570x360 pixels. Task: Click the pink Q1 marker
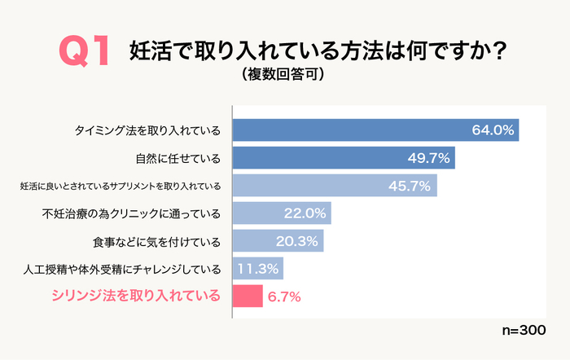pos(84,53)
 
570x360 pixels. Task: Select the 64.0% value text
pos(493,130)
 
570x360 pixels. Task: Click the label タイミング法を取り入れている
pos(147,130)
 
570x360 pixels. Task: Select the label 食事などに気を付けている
pos(157,241)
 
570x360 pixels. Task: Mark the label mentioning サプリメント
pos(120,187)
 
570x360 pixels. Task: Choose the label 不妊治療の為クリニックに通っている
pos(131,213)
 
